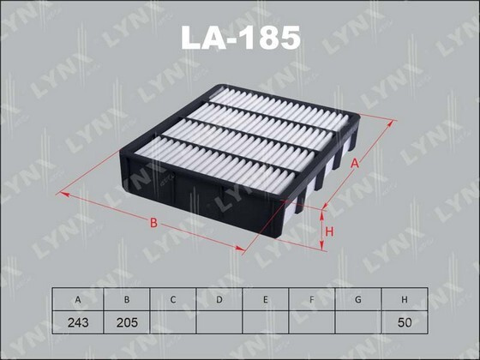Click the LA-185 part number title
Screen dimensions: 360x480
tap(239, 37)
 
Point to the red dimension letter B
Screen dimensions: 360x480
tap(153, 224)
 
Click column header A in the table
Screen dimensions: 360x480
tap(78, 299)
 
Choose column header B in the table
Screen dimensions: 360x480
tap(126, 299)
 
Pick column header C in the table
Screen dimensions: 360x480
tap(173, 299)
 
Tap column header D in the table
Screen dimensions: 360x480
tap(219, 299)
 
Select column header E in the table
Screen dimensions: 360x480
tap(267, 299)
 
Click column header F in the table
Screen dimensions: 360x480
tap(314, 299)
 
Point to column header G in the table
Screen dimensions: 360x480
tap(360, 299)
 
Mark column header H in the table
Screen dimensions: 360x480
tap(407, 299)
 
